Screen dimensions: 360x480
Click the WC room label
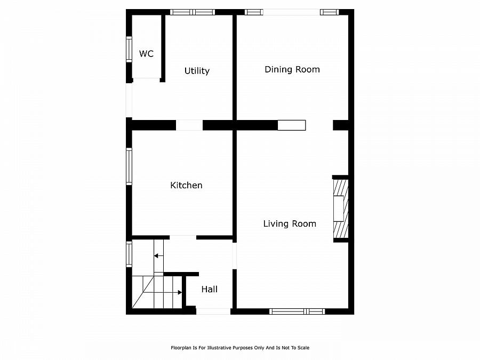point(146,54)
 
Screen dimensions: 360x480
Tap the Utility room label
point(197,71)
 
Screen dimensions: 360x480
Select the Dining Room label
point(292,69)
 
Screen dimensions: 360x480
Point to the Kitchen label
point(186,186)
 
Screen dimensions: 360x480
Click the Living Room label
point(290,224)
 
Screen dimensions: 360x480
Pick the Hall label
point(209,290)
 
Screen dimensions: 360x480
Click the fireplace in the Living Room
point(340,209)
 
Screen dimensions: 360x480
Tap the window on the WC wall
point(129,49)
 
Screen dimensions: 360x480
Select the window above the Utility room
point(192,12)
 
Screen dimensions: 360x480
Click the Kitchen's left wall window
point(129,166)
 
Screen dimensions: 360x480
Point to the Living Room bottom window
point(297,311)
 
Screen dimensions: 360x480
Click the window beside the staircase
point(129,254)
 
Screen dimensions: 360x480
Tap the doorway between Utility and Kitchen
point(189,125)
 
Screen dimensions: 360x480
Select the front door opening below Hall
point(213,311)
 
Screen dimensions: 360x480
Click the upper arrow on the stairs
point(158,256)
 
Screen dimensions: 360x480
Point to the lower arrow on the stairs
point(179,292)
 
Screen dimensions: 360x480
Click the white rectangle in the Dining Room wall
point(292,125)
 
